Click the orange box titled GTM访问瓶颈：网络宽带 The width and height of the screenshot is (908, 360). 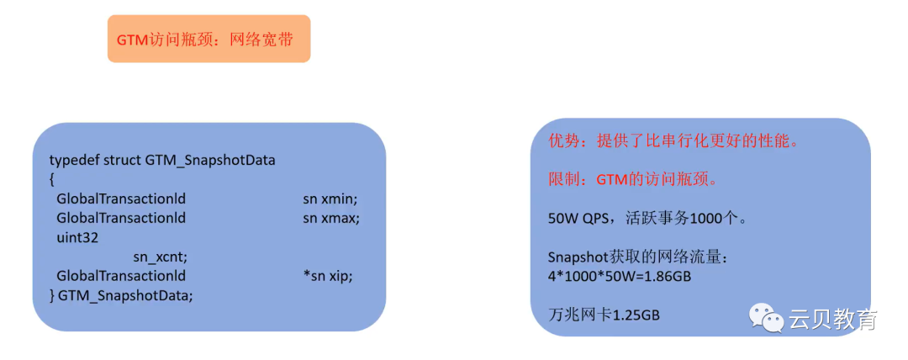click(209, 39)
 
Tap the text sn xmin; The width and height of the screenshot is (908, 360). click(330, 199)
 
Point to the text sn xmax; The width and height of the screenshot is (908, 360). click(331, 218)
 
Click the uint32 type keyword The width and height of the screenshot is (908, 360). click(77, 237)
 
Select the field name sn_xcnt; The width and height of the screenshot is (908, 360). click(160, 257)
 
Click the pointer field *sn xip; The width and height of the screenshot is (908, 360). click(328, 276)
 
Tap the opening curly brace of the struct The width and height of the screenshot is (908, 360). click(52, 179)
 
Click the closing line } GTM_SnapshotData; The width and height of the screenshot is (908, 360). click(121, 295)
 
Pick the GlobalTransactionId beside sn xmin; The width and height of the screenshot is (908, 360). click(120, 199)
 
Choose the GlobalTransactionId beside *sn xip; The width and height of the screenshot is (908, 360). click(120, 276)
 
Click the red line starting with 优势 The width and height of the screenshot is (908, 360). click(672, 141)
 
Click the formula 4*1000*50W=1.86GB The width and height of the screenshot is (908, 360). click(619, 276)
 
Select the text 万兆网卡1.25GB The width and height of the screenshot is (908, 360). click(604, 315)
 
